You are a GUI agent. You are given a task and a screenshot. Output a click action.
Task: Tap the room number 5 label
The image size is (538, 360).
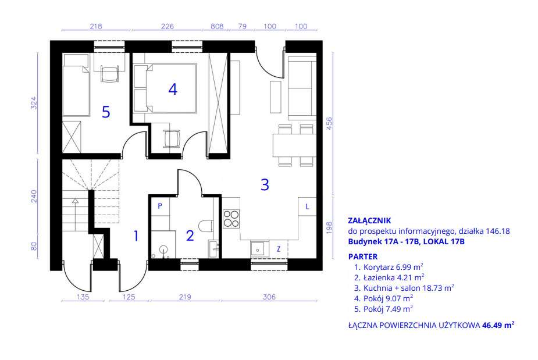(106, 112)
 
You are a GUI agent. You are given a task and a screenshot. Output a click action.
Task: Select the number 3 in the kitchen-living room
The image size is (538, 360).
(265, 184)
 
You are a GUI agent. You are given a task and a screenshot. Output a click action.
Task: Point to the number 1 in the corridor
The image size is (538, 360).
(136, 236)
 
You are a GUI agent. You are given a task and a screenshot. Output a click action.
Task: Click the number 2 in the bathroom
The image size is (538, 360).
(190, 236)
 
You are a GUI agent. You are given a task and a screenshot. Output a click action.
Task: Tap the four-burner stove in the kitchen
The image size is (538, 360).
(231, 219)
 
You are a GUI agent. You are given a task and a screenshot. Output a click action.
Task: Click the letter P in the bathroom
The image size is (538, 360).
(160, 206)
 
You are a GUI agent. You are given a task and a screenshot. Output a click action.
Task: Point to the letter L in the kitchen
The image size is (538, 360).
(307, 206)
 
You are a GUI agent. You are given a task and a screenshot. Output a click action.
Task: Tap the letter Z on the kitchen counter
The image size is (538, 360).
(278, 249)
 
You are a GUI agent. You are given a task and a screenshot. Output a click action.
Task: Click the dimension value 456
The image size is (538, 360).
(329, 123)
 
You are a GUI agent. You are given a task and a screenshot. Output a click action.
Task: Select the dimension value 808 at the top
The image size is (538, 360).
(217, 26)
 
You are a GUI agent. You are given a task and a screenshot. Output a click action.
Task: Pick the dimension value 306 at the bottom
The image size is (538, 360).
(269, 297)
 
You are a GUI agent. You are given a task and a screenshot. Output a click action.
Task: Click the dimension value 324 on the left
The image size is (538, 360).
(34, 103)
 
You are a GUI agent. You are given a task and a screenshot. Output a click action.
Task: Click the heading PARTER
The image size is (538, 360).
(363, 256)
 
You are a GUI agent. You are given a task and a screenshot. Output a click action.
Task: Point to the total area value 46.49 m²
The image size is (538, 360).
(498, 325)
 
